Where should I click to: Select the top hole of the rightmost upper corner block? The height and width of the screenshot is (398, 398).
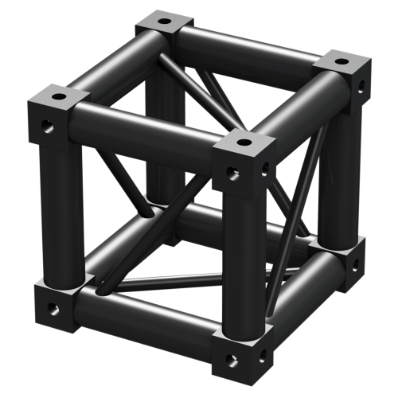click(x=341, y=60)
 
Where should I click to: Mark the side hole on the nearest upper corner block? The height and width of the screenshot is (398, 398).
click(x=232, y=170)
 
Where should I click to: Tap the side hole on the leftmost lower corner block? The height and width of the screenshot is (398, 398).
click(x=53, y=306)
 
